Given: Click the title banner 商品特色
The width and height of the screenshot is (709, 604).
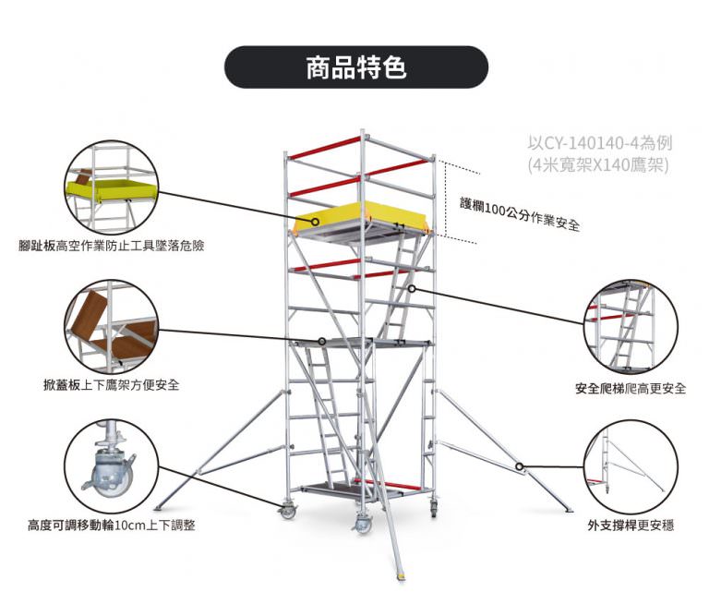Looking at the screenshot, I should pos(355,67).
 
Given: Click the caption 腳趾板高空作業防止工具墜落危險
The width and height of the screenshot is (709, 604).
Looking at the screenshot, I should pos(111,247).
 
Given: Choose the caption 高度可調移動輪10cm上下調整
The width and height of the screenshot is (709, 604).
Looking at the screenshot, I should pos(111,525).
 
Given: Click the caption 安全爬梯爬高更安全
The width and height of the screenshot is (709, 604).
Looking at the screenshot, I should pos(631,388).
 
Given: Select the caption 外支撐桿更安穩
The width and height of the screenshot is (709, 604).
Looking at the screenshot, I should pos(631,525).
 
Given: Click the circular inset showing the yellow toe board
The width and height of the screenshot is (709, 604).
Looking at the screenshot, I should pos(111,187).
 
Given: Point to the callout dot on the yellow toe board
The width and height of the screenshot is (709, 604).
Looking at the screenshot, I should pos(316,222).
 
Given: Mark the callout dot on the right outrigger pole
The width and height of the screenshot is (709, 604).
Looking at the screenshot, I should pos(520,466).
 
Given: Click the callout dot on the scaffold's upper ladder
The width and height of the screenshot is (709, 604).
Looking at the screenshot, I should pos(411,288).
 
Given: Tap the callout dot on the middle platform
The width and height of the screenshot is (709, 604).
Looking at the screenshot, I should pos(321,341).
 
